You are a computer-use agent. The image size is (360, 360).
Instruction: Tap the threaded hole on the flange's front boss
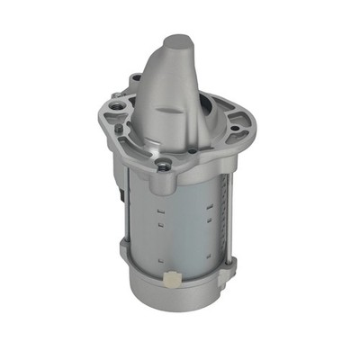(164, 165)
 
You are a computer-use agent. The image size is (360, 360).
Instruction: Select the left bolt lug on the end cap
(123, 247)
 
